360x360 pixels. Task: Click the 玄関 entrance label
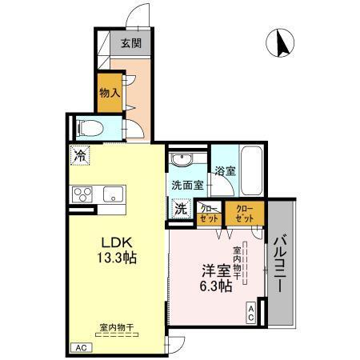(132, 44)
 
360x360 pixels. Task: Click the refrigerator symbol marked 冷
(81, 155)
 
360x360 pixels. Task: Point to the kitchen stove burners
(83, 194)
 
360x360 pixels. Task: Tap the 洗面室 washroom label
(186, 185)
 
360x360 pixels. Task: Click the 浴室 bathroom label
(225, 170)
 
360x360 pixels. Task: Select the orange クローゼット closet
(245, 213)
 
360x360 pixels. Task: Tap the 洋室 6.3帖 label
(216, 278)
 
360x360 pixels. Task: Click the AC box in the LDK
(79, 348)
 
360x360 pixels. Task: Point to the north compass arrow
(281, 43)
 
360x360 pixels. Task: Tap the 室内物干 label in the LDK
(116, 327)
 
